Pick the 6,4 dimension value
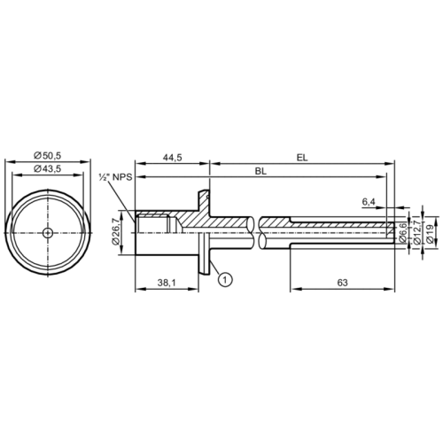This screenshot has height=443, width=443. pyautogui.click(x=369, y=203)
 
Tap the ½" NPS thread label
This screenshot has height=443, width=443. pyautogui.click(x=115, y=180)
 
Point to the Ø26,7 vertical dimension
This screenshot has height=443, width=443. pyautogui.click(x=114, y=231)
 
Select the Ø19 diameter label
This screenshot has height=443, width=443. pyautogui.click(x=428, y=232)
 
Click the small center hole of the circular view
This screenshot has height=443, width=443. pyautogui.click(x=47, y=233)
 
